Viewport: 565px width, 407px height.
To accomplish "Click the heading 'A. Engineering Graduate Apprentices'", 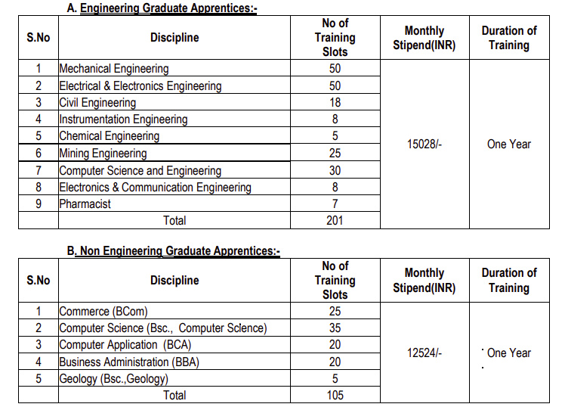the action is pos(162,8).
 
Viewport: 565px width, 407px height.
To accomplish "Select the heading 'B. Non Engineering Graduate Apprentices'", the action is pos(173,250).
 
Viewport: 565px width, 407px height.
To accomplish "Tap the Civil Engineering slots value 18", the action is pos(335,102).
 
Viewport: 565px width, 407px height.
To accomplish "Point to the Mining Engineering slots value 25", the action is pos(335,153).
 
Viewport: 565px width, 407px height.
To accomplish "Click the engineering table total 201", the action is pos(335,220).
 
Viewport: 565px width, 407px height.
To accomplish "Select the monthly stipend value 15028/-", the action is pos(424,144).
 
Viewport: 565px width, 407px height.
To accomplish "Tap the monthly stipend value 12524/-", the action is pos(424,353).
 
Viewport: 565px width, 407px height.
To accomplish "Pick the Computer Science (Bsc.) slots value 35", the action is pos(335,328).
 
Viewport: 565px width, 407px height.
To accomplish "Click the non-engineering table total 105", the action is pos(335,395).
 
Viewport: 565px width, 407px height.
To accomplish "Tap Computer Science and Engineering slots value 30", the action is pos(335,170).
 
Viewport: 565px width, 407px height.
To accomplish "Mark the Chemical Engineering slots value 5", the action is pos(335,136).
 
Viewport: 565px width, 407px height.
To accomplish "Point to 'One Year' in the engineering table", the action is pos(509,144).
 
